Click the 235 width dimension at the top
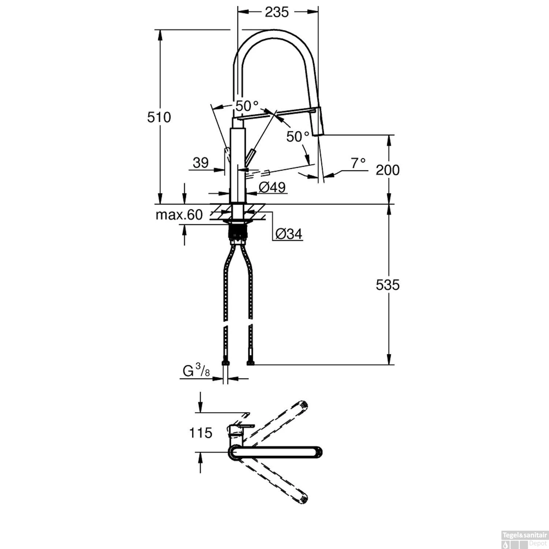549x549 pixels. tap(277, 12)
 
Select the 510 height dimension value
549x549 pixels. tap(159, 117)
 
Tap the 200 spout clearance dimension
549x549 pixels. tap(388, 170)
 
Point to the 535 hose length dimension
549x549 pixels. tap(388, 284)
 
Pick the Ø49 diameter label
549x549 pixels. tap(272, 187)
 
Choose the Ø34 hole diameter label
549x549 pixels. tap(289, 234)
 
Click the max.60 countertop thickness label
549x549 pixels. tap(179, 215)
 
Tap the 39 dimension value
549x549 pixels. tap(201, 163)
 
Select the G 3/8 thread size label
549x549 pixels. tap(196, 371)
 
